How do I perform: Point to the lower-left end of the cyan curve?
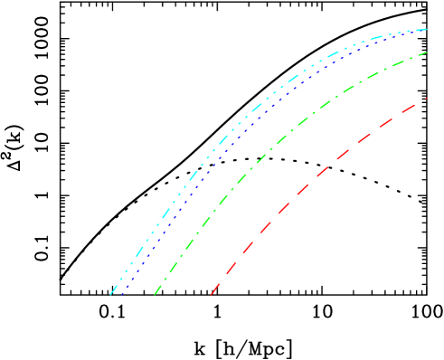pyautogui.click(x=111, y=294)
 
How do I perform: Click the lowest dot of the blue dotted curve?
pyautogui.click(x=121, y=294)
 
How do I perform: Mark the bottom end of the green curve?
pyautogui.click(x=155, y=294)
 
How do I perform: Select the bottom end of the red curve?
pyautogui.click(x=212, y=293)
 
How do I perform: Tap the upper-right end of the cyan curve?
pyautogui.click(x=426, y=30)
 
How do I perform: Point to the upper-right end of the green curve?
pyautogui.click(x=426, y=52)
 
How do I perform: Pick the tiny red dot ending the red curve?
pyautogui.click(x=426, y=99)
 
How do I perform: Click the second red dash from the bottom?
pyautogui.click(x=231, y=268)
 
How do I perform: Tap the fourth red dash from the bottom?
pyautogui.click(x=265, y=226)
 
